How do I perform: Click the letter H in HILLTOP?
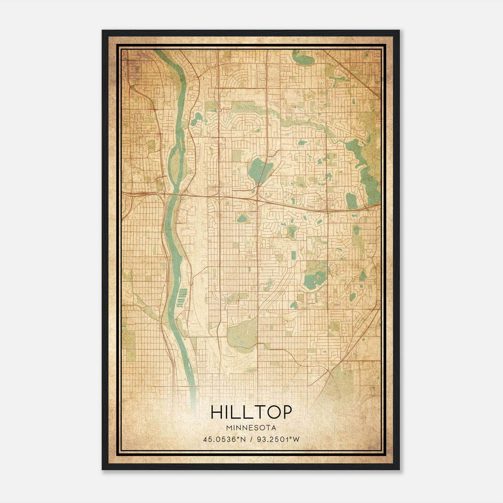point(216,412)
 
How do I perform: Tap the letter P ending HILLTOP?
point(286,412)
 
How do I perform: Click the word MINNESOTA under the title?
point(251,428)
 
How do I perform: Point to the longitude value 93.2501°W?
point(279,439)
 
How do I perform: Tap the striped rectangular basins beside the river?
point(182,297)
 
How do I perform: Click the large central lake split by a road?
point(259,170)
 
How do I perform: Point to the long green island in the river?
point(175,163)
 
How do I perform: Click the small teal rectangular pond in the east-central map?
point(293,255)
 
